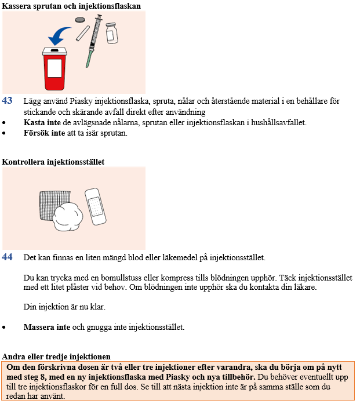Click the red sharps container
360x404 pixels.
54,69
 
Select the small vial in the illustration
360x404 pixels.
112,33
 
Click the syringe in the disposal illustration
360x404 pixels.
94,41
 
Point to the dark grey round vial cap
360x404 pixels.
80,20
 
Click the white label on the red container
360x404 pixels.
54,68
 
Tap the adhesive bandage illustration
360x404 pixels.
95,207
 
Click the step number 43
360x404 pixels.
7,100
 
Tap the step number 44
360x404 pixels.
7,257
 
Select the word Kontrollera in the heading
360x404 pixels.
23,162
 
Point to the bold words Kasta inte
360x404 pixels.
42,122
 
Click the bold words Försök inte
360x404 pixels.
44,133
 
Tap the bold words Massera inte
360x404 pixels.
46,327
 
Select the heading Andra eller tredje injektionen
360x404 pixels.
56,356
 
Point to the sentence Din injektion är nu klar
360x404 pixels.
64,307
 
